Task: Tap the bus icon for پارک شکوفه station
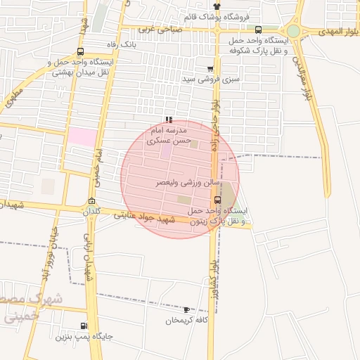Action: [x=259, y=30]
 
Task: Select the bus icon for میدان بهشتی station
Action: [x=80, y=51]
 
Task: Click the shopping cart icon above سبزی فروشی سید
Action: [x=210, y=69]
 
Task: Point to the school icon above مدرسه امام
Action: [x=168, y=120]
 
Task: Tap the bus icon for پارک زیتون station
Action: [x=217, y=200]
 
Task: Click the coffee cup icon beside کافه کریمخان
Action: [x=186, y=309]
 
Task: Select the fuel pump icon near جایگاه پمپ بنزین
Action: [x=84, y=326]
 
